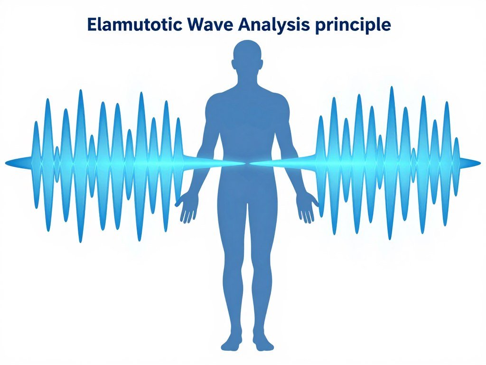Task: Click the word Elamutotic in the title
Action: pos(135,24)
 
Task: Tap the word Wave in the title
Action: pos(210,24)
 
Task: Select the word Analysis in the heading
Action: pos(274,25)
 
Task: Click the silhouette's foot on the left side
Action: pos(232,341)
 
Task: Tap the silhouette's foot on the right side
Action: pos(263,341)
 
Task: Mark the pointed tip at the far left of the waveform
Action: pos(5,163)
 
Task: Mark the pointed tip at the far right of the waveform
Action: pos(481,163)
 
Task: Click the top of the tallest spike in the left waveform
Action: pos(81,90)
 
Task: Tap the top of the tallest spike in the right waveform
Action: pos(392,87)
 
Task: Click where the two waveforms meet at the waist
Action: pos(247,163)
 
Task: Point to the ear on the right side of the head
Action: pos(262,64)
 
